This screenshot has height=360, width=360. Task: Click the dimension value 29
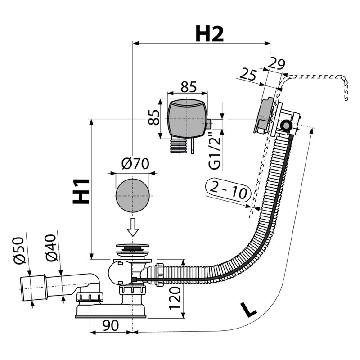[276, 64]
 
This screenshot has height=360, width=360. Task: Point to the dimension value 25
[249, 73]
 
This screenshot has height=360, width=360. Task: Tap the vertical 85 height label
[154, 118]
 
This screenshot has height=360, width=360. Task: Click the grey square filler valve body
[186, 118]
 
